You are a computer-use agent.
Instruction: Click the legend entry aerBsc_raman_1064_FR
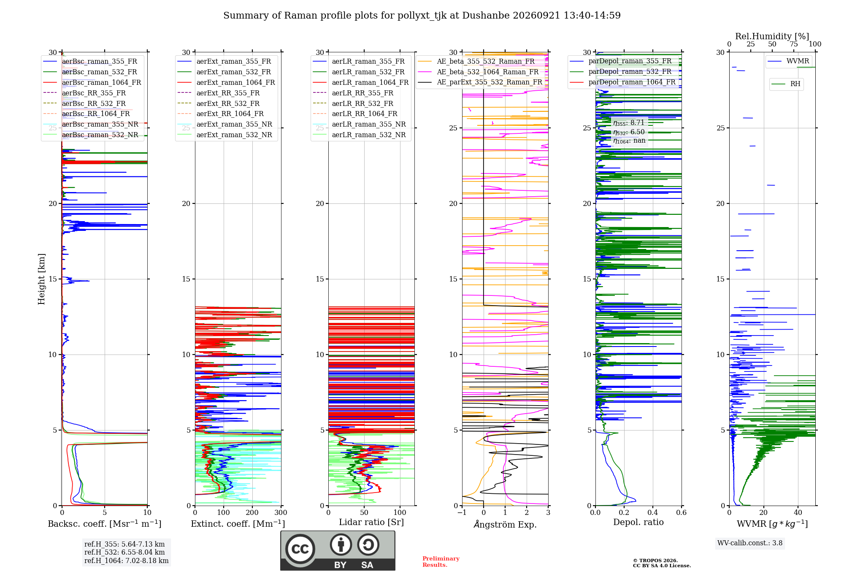(92, 82)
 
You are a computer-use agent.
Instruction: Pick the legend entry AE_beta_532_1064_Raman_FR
(478, 72)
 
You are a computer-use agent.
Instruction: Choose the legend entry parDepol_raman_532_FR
(621, 71)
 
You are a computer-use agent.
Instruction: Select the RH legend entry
(786, 84)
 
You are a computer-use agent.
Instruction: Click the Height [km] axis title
(41, 279)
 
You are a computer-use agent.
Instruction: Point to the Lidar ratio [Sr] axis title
(371, 522)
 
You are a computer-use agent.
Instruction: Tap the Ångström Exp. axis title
(505, 524)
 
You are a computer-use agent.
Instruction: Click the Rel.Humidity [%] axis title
(772, 36)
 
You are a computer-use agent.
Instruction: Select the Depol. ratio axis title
(638, 522)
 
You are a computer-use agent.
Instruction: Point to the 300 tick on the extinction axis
(281, 512)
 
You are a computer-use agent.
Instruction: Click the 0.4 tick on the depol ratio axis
(653, 512)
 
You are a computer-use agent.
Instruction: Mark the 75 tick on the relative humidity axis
(794, 44)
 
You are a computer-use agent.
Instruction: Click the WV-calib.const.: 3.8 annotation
(750, 543)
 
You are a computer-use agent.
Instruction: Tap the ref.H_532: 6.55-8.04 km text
(124, 552)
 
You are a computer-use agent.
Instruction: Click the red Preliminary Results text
(441, 562)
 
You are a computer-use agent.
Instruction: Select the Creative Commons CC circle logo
(300, 549)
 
